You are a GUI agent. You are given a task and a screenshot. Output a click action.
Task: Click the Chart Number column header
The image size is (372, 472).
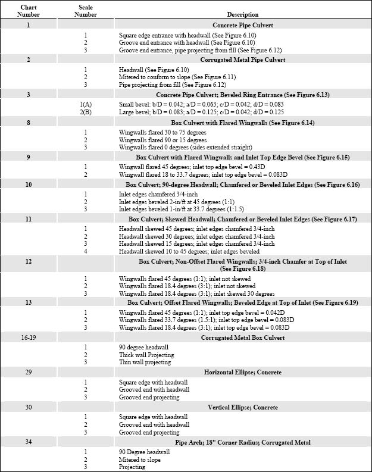28,11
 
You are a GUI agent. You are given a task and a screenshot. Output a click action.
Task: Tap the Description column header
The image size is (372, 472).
242,14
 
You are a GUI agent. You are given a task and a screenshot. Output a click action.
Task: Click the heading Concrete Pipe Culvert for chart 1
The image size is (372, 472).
242,26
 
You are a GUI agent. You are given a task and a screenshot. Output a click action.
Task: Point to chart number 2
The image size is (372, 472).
28,60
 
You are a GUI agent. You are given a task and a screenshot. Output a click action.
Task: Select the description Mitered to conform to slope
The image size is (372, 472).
161,77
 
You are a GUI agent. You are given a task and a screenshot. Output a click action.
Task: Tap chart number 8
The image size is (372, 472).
28,122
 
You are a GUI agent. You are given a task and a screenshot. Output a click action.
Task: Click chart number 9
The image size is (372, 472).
28,157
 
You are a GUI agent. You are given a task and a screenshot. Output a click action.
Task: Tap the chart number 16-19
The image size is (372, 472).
28,338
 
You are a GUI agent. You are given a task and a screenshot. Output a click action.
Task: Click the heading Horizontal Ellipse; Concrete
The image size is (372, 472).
242,373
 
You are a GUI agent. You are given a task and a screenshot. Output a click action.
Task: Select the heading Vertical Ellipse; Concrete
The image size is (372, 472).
242,407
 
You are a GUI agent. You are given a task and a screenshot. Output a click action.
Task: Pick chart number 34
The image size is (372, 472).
28,442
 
